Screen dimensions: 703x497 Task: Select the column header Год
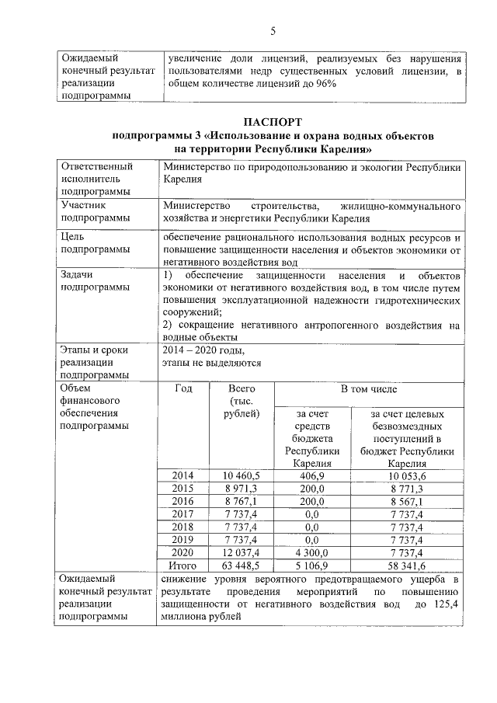coord(183,388)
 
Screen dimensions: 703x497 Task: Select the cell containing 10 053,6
coord(408,475)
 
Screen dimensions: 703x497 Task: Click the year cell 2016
coord(183,502)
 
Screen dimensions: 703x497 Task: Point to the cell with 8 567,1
coord(408,502)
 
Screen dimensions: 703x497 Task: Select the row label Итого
coord(183,566)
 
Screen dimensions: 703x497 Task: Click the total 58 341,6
coord(408,566)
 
